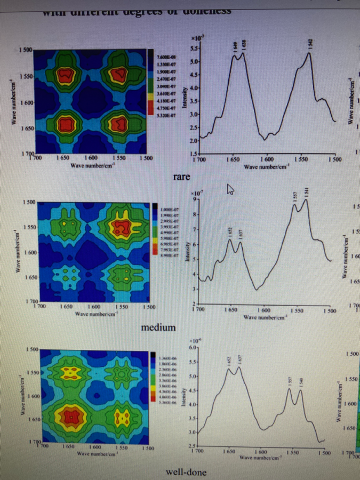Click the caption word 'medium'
(x=158, y=326)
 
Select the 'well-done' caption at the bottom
(x=186, y=472)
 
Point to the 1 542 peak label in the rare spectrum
(x=310, y=44)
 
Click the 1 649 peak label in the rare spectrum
(x=235, y=46)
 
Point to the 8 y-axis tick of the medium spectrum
(x=195, y=214)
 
